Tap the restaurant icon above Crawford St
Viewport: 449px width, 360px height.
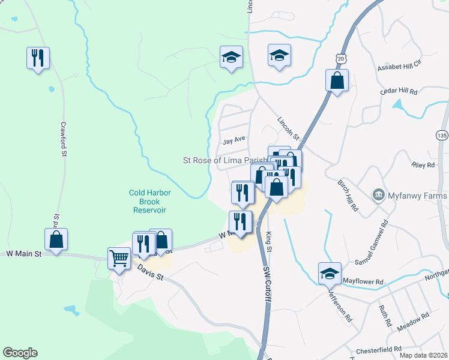[x=38, y=58]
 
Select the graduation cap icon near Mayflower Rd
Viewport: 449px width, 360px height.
[x=329, y=274]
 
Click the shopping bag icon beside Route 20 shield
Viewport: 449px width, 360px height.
[x=337, y=80]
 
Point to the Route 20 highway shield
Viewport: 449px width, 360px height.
[x=341, y=59]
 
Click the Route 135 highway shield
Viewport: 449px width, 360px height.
[x=442, y=135]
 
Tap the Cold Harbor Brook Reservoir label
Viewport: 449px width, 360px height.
[x=150, y=202]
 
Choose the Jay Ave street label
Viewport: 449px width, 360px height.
[x=234, y=141]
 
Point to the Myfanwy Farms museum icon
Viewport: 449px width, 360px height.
[x=379, y=194]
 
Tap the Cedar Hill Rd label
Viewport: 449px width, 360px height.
[x=399, y=91]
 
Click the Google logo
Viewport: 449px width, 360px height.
[x=20, y=353]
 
